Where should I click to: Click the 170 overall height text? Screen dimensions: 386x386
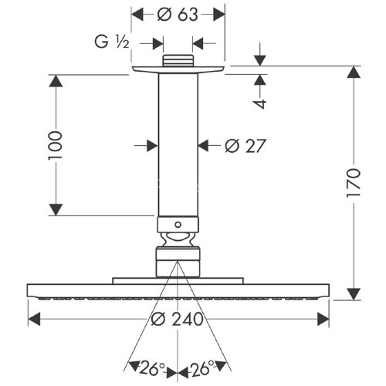click(353, 184)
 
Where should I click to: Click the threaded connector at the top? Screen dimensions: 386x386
click(178, 60)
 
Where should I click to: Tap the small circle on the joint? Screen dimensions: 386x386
click(178, 226)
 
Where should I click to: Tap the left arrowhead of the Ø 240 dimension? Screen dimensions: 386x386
click(33, 317)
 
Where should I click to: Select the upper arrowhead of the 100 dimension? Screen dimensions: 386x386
click(55, 80)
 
